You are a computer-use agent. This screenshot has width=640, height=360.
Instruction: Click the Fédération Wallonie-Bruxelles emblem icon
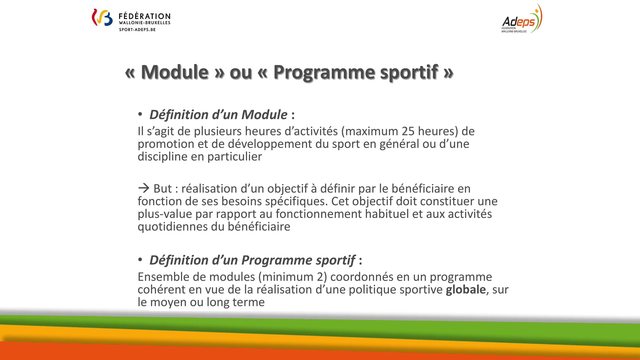click(102, 17)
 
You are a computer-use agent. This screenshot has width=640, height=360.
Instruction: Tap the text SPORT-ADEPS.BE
click(137, 30)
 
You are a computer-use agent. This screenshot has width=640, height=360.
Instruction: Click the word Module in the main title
click(175, 72)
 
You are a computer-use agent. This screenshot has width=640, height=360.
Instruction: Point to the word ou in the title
click(240, 72)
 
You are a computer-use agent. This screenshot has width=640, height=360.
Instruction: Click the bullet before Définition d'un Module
click(140, 114)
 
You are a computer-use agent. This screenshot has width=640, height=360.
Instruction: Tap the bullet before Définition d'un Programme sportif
click(140, 260)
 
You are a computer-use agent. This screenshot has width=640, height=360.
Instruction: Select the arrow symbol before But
click(144, 188)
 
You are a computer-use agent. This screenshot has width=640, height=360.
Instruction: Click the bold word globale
click(466, 289)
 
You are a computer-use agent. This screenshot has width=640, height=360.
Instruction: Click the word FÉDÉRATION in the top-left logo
click(145, 16)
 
